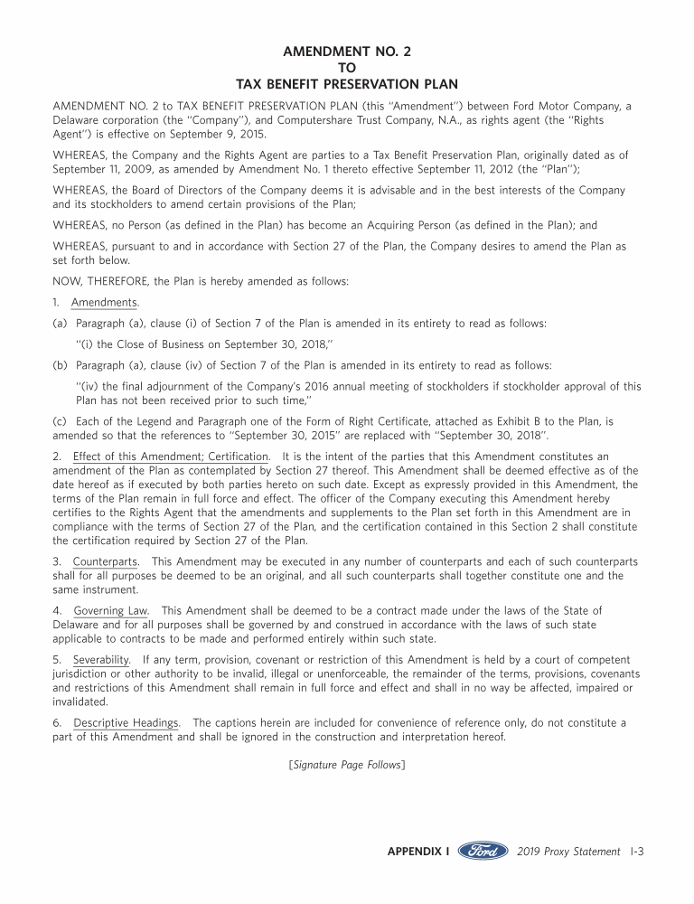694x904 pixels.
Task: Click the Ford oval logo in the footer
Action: pyautogui.click(x=483, y=852)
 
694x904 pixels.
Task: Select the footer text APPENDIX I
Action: pyautogui.click(x=418, y=852)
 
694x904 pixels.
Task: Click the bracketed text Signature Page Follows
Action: pyautogui.click(x=346, y=766)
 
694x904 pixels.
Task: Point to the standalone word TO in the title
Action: pyautogui.click(x=346, y=68)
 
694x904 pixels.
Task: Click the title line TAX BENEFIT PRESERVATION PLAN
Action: pyautogui.click(x=346, y=84)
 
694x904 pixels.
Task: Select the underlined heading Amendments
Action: pyautogui.click(x=105, y=302)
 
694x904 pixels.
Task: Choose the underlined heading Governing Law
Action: pyautogui.click(x=111, y=612)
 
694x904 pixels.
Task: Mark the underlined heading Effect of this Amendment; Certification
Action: pyautogui.click(x=171, y=457)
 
